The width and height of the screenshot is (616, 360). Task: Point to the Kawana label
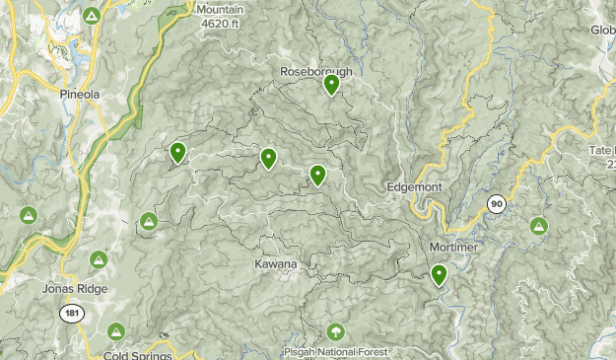pyautogui.click(x=275, y=264)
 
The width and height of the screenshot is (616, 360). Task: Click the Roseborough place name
pyautogui.click(x=315, y=71)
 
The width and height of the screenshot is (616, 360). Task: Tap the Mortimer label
pyautogui.click(x=454, y=247)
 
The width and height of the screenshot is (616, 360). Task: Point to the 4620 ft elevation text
pyautogui.click(x=222, y=23)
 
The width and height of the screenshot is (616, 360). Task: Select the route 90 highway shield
pyautogui.click(x=497, y=204)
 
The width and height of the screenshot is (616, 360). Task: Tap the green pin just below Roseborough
pyautogui.click(x=332, y=85)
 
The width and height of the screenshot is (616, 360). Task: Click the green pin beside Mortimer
pyautogui.click(x=439, y=274)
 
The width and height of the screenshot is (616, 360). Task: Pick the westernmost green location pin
pyautogui.click(x=178, y=152)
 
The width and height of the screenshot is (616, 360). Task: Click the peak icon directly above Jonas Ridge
pyautogui.click(x=98, y=260)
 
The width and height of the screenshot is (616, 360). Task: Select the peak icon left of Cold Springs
pyautogui.click(x=116, y=331)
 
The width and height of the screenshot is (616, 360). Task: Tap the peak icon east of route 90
pyautogui.click(x=538, y=226)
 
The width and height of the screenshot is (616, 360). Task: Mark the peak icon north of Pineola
pyautogui.click(x=91, y=16)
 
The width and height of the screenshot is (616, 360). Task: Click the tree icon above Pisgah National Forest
pyautogui.click(x=336, y=331)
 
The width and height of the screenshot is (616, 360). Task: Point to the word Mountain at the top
pyautogui.click(x=220, y=10)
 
